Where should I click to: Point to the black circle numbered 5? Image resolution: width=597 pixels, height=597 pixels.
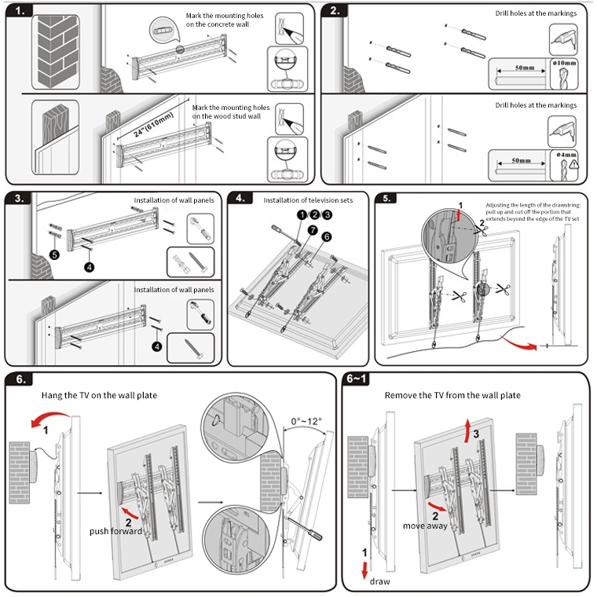[x=54, y=255]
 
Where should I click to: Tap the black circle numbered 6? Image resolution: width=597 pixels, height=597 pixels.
[x=326, y=238]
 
